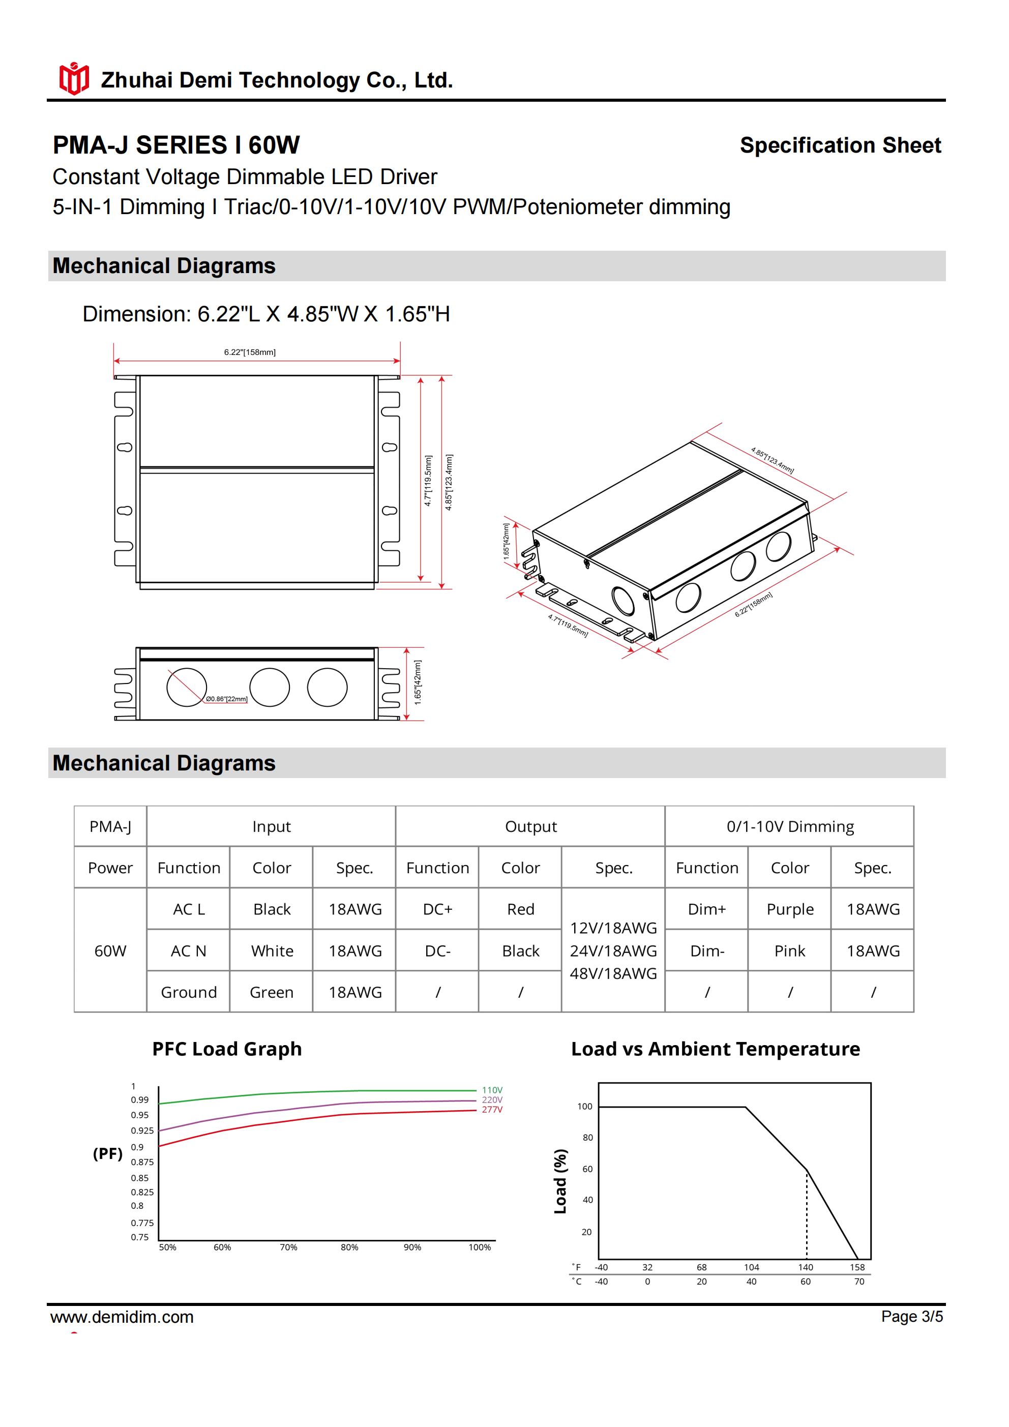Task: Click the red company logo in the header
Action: pos(74,79)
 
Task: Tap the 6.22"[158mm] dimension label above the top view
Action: pos(249,352)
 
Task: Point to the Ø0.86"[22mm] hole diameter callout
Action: pos(226,699)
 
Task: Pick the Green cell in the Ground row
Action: pos(272,993)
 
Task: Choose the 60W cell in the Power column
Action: pos(110,951)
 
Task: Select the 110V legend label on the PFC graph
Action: pos(492,1090)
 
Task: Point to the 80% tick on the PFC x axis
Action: pos(349,1247)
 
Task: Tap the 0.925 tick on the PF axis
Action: pos(142,1131)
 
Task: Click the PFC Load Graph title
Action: pos(227,1049)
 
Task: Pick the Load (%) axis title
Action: pos(560,1181)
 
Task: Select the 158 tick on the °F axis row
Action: pos(857,1267)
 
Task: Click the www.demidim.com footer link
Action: pos(122,1317)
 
